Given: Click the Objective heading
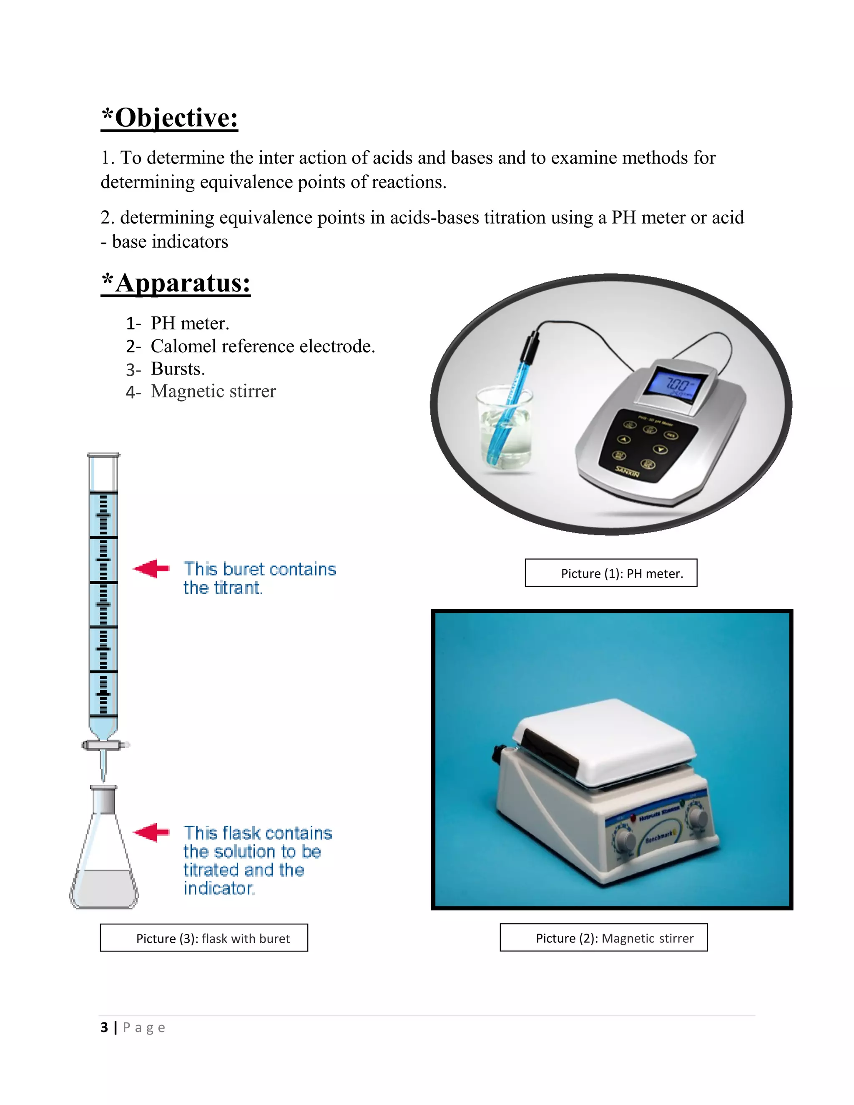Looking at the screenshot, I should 169,118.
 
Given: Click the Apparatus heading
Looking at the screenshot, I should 176,283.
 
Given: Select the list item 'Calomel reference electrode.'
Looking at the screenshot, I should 263,346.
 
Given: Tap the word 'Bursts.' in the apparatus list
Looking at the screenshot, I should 178,369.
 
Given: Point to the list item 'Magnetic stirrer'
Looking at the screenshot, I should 213,391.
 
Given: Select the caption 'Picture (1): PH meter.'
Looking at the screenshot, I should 611,573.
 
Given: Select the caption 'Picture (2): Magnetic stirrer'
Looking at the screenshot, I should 603,938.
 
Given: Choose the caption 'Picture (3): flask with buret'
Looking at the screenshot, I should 204,938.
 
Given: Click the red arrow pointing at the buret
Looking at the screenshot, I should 151,569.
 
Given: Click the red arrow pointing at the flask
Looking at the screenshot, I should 151,832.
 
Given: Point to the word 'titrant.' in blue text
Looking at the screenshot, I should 223,588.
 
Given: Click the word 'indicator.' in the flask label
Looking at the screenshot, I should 219,889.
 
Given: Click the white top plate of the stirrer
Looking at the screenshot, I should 605,739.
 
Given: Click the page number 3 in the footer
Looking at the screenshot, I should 104,1027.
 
